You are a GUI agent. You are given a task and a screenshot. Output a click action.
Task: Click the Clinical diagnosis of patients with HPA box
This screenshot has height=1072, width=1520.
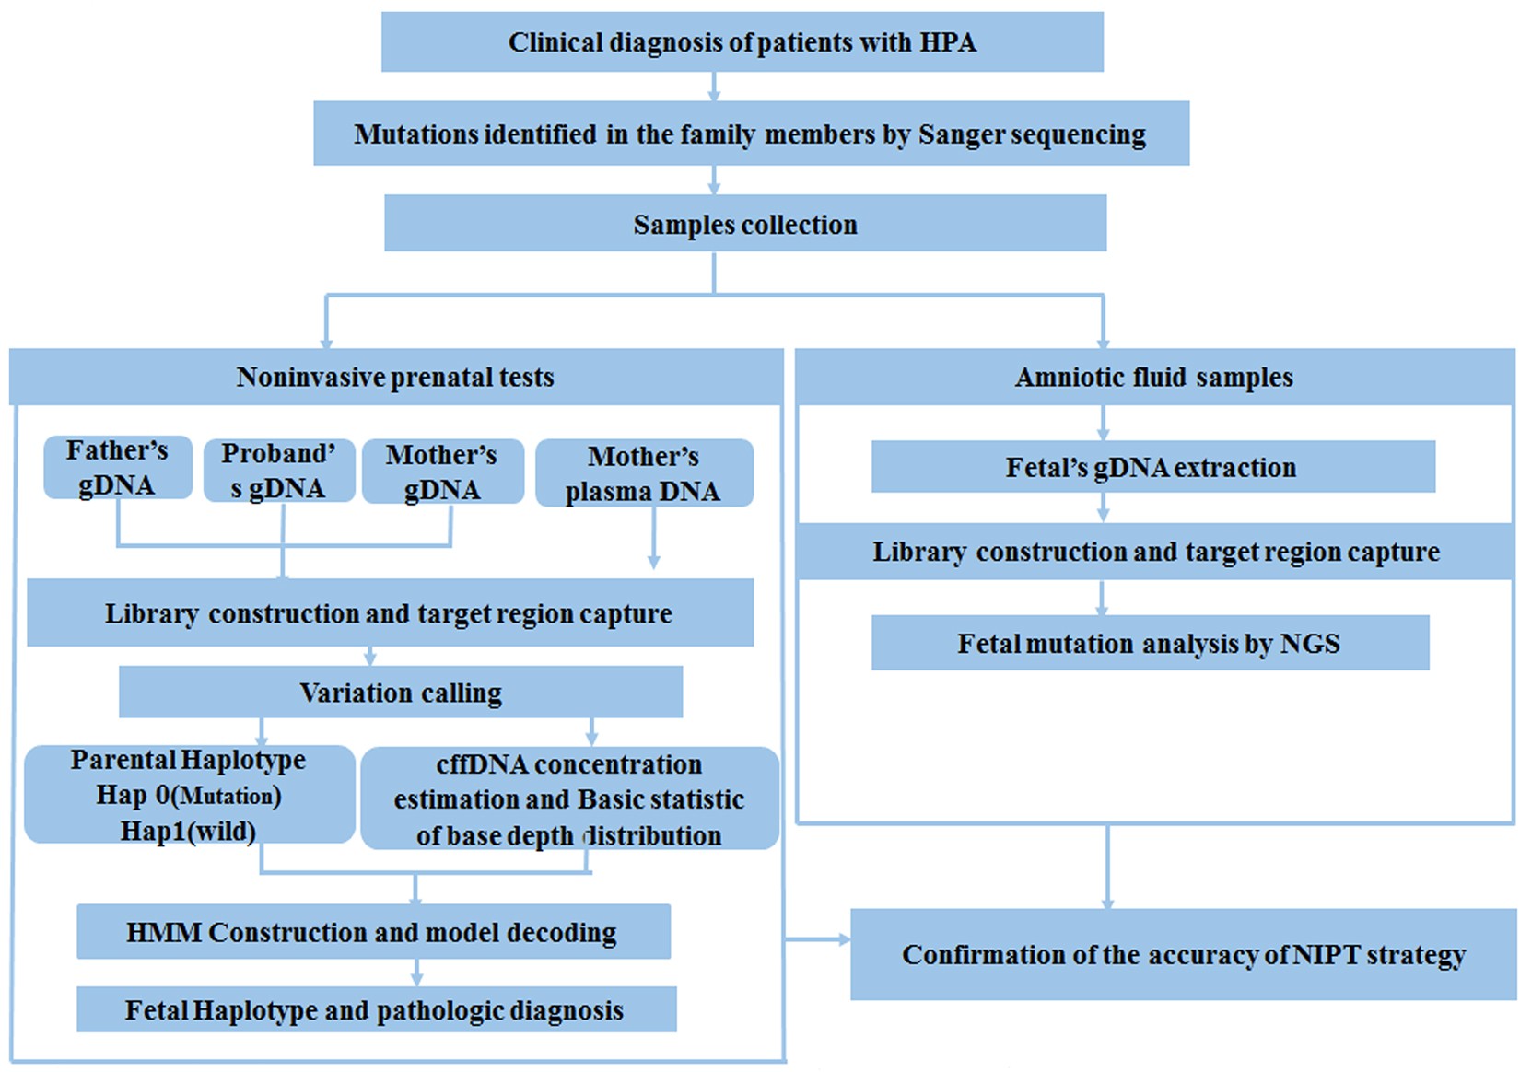(x=742, y=42)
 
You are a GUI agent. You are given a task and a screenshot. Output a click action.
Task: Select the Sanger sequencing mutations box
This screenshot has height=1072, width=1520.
(x=751, y=134)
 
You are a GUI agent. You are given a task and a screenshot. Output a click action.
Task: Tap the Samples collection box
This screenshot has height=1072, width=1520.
(x=744, y=224)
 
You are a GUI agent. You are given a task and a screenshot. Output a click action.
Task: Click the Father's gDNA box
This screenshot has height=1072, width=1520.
(x=117, y=468)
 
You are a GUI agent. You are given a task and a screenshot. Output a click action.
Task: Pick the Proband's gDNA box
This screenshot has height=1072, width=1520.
(x=278, y=471)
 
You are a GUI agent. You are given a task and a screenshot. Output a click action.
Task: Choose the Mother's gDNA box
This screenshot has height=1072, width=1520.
(x=442, y=472)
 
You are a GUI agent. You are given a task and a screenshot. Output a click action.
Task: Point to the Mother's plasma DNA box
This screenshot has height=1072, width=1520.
(x=644, y=473)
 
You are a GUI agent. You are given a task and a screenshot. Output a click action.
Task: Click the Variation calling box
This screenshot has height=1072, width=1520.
(x=401, y=693)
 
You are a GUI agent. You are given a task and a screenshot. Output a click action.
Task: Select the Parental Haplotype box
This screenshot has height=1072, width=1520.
(x=189, y=795)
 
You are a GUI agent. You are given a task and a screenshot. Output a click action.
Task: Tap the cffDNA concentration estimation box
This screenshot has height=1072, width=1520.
(x=569, y=798)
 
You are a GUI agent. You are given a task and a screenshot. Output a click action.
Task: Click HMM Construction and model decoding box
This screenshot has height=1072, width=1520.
(x=372, y=932)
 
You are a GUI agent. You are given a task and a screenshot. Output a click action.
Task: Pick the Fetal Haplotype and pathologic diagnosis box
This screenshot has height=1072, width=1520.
(x=375, y=1010)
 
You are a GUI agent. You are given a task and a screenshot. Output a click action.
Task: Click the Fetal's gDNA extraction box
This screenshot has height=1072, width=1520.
(x=1152, y=467)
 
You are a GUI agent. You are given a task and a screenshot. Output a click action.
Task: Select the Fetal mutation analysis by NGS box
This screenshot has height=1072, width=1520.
(x=1149, y=643)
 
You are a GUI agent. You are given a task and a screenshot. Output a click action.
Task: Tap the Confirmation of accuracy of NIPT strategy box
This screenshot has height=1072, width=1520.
(x=1183, y=955)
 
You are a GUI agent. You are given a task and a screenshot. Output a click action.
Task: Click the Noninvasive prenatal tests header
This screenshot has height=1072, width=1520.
(x=395, y=377)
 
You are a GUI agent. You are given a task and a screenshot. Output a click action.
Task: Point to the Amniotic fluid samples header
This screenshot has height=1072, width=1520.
(x=1153, y=377)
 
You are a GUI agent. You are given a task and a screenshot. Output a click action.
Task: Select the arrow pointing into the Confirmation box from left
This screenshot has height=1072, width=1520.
(x=820, y=939)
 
